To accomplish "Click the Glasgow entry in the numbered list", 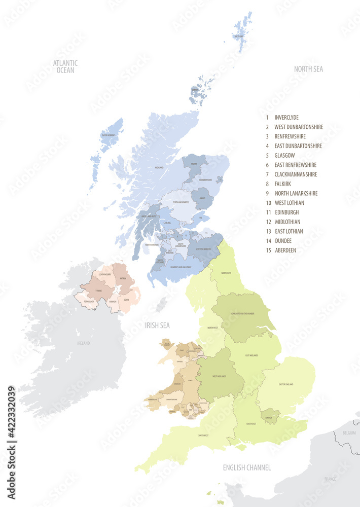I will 284,155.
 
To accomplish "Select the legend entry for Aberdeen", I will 285,250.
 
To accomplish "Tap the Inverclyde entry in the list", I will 286,117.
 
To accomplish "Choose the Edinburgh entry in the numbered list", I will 286,212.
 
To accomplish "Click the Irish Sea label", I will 157,325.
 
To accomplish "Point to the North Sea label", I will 308,69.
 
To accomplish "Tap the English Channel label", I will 247,467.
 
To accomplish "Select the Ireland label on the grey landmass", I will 83,343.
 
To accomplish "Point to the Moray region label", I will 194,164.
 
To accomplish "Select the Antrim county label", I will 123,278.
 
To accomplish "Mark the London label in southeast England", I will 269,418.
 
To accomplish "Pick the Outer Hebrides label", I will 108,135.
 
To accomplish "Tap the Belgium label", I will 349,433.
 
